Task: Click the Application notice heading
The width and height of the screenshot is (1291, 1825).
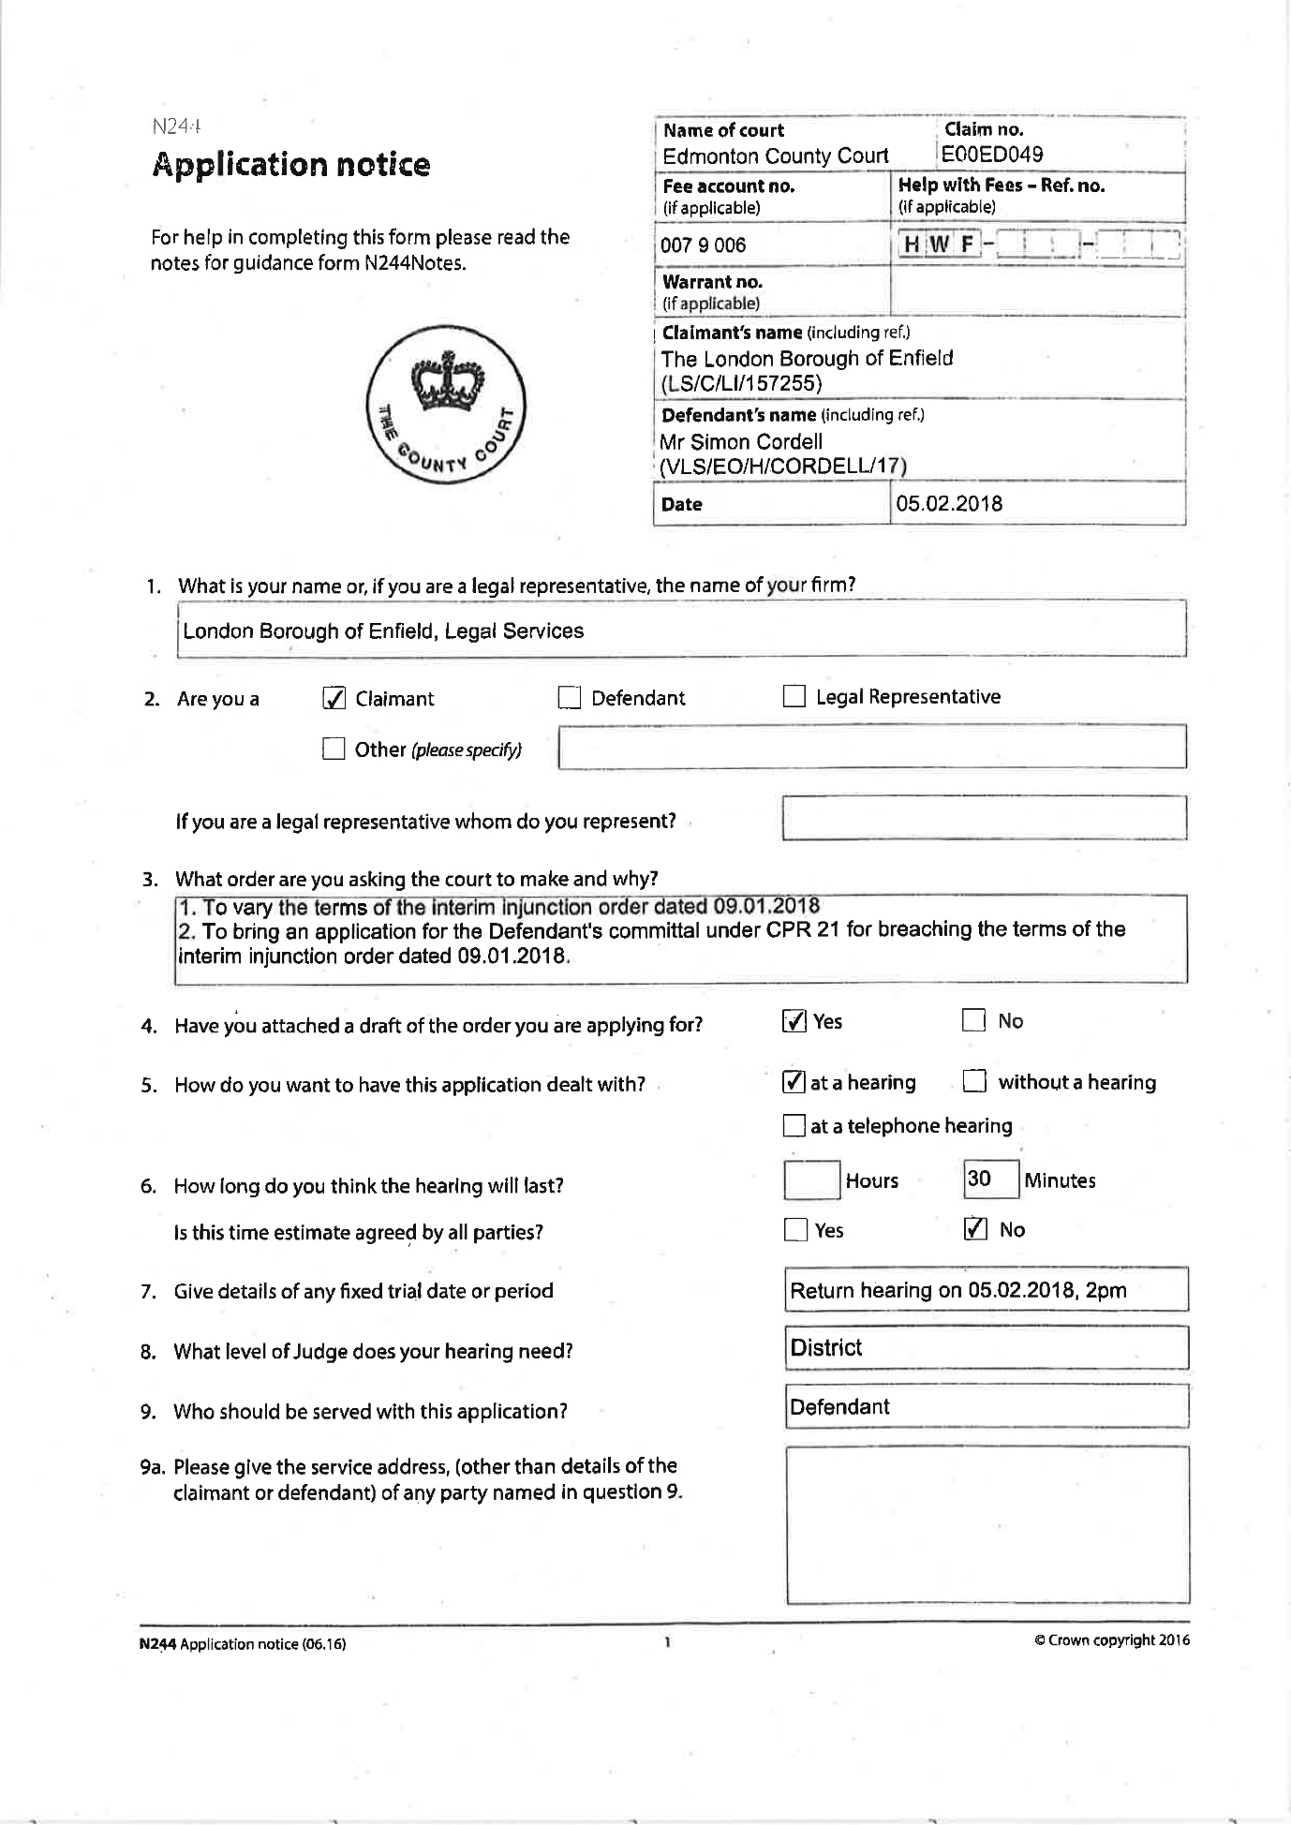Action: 290,165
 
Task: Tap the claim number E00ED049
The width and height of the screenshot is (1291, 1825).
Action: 992,155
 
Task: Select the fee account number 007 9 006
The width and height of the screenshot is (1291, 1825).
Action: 704,245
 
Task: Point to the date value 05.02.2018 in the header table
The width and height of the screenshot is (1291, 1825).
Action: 949,504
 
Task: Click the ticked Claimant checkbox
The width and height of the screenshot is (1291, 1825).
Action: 334,699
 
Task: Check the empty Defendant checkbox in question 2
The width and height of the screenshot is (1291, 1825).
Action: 569,698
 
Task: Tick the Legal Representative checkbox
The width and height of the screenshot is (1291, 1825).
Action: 794,696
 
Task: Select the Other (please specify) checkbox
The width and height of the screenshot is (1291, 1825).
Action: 334,749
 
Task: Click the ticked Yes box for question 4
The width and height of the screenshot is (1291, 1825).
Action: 794,1021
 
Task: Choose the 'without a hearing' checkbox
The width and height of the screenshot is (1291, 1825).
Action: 974,1082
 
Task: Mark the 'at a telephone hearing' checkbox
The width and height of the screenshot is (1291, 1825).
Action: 794,1125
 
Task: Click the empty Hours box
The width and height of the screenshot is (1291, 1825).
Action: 811,1180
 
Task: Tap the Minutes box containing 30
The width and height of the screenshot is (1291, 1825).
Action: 990,1180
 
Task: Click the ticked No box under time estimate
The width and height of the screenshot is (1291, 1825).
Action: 975,1229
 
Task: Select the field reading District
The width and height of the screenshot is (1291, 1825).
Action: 987,1348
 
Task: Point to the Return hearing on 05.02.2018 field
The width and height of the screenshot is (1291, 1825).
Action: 987,1290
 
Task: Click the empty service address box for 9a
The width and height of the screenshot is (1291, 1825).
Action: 987,1524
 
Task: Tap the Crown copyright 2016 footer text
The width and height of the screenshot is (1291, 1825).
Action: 1111,1640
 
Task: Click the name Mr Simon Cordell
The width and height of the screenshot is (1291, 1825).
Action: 741,442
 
